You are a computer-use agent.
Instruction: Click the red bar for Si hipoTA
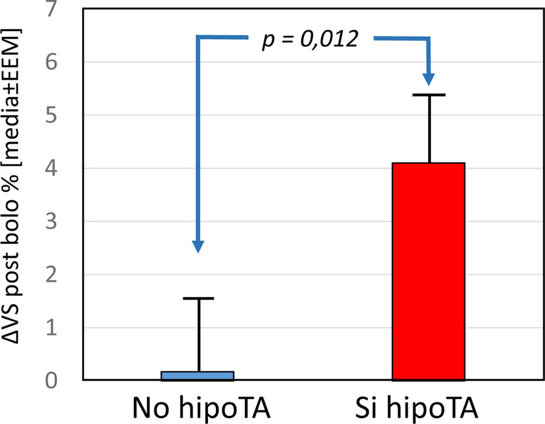point(428,271)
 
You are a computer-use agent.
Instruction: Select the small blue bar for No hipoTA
point(197,376)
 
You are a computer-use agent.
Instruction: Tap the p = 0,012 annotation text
point(309,40)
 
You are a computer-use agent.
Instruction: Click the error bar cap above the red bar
point(429,95)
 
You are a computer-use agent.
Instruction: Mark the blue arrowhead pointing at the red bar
point(430,77)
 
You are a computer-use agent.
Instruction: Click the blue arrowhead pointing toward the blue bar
point(199,246)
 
